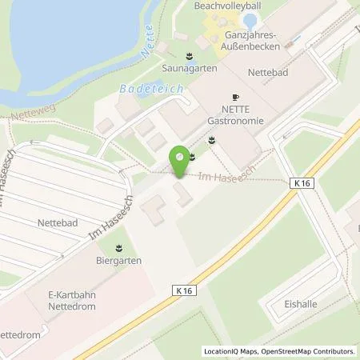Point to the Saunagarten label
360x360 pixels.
(x=189, y=69)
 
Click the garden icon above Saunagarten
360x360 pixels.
(x=189, y=55)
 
